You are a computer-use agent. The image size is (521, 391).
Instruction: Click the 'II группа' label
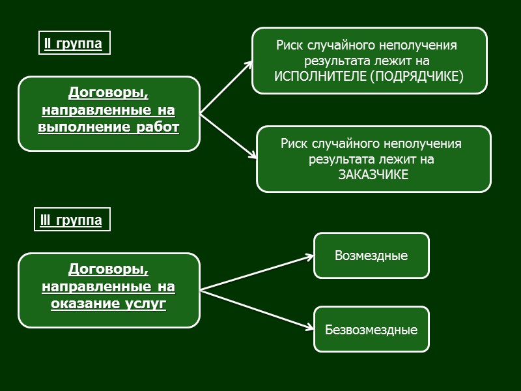tap(73, 44)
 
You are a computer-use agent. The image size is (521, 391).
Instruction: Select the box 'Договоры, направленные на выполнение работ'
tap(109, 113)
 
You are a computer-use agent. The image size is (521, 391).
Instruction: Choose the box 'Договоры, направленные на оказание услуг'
tap(109, 290)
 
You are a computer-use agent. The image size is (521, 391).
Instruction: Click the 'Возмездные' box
tap(371, 255)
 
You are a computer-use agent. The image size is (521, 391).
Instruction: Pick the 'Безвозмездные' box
tap(371, 329)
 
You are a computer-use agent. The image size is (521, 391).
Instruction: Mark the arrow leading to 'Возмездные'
tap(257, 272)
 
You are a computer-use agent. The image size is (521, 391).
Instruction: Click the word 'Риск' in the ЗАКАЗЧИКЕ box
tap(295, 143)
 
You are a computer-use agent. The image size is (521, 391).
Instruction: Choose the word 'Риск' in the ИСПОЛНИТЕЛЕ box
tap(290, 46)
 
